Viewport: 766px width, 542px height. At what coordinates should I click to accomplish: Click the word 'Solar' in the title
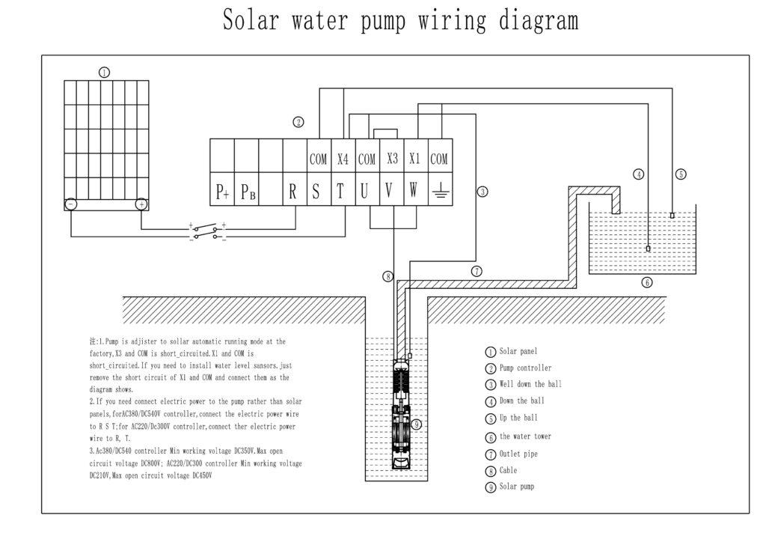coord(251,20)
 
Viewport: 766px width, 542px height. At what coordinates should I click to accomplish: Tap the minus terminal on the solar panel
coord(71,204)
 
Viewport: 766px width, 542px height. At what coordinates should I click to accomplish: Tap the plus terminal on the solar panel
coord(141,204)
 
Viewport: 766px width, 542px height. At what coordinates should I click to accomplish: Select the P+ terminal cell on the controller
coord(222,189)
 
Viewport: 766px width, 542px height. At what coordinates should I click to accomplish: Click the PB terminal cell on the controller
coord(247,189)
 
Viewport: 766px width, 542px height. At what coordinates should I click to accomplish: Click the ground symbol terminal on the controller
coord(440,189)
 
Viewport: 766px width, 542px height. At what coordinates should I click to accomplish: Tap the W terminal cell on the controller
coord(416,189)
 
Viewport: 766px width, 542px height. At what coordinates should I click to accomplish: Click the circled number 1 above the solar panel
coord(104,73)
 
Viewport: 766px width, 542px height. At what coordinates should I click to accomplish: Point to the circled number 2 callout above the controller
coord(298,122)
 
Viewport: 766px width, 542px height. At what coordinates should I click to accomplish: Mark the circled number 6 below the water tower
coord(647,282)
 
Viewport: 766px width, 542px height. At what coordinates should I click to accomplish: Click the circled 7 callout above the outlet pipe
coord(477,271)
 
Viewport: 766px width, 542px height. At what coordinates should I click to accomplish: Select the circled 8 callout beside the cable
coord(388,277)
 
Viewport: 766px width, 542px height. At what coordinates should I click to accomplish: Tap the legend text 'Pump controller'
coord(525,368)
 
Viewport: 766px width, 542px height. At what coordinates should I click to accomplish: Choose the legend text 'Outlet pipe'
coord(518,454)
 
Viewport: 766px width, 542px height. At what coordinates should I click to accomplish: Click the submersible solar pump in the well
coord(402,414)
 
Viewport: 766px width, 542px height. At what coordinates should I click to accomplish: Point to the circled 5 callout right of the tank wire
coord(681,174)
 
